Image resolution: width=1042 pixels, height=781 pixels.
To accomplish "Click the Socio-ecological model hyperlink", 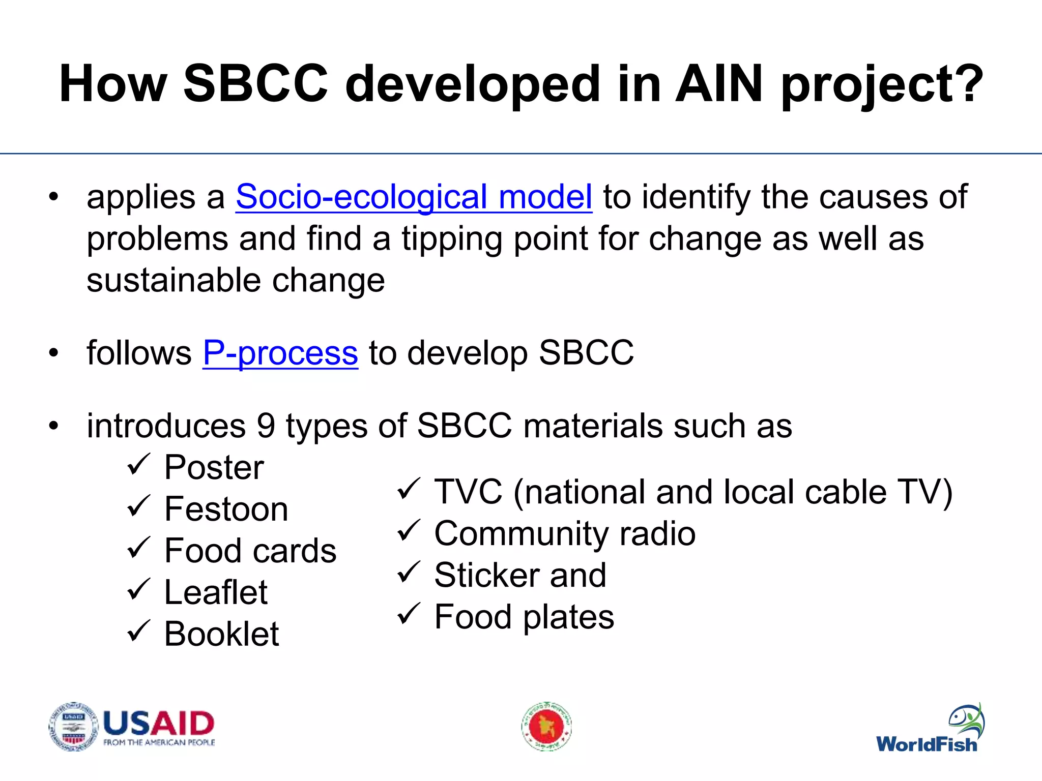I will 413,197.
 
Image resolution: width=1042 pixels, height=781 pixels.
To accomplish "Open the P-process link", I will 280,352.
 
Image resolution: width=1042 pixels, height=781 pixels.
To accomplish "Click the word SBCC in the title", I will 255,84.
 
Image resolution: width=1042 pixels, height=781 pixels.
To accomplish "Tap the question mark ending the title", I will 966,84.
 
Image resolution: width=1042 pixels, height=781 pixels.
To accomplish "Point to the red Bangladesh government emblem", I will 546,727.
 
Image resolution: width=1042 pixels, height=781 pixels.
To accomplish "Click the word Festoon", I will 226,509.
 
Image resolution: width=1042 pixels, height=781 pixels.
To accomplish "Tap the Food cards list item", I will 250,551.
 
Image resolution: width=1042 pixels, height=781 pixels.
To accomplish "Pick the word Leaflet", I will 215,592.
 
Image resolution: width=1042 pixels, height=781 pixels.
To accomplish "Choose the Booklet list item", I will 221,634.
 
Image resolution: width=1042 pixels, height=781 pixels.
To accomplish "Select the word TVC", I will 468,492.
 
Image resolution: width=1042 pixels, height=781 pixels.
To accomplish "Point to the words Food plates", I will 524,617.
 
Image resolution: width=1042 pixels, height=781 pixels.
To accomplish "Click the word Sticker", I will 486,575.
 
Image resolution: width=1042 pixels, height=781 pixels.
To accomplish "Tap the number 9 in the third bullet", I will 266,426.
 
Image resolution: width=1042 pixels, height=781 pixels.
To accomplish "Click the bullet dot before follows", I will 54,353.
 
